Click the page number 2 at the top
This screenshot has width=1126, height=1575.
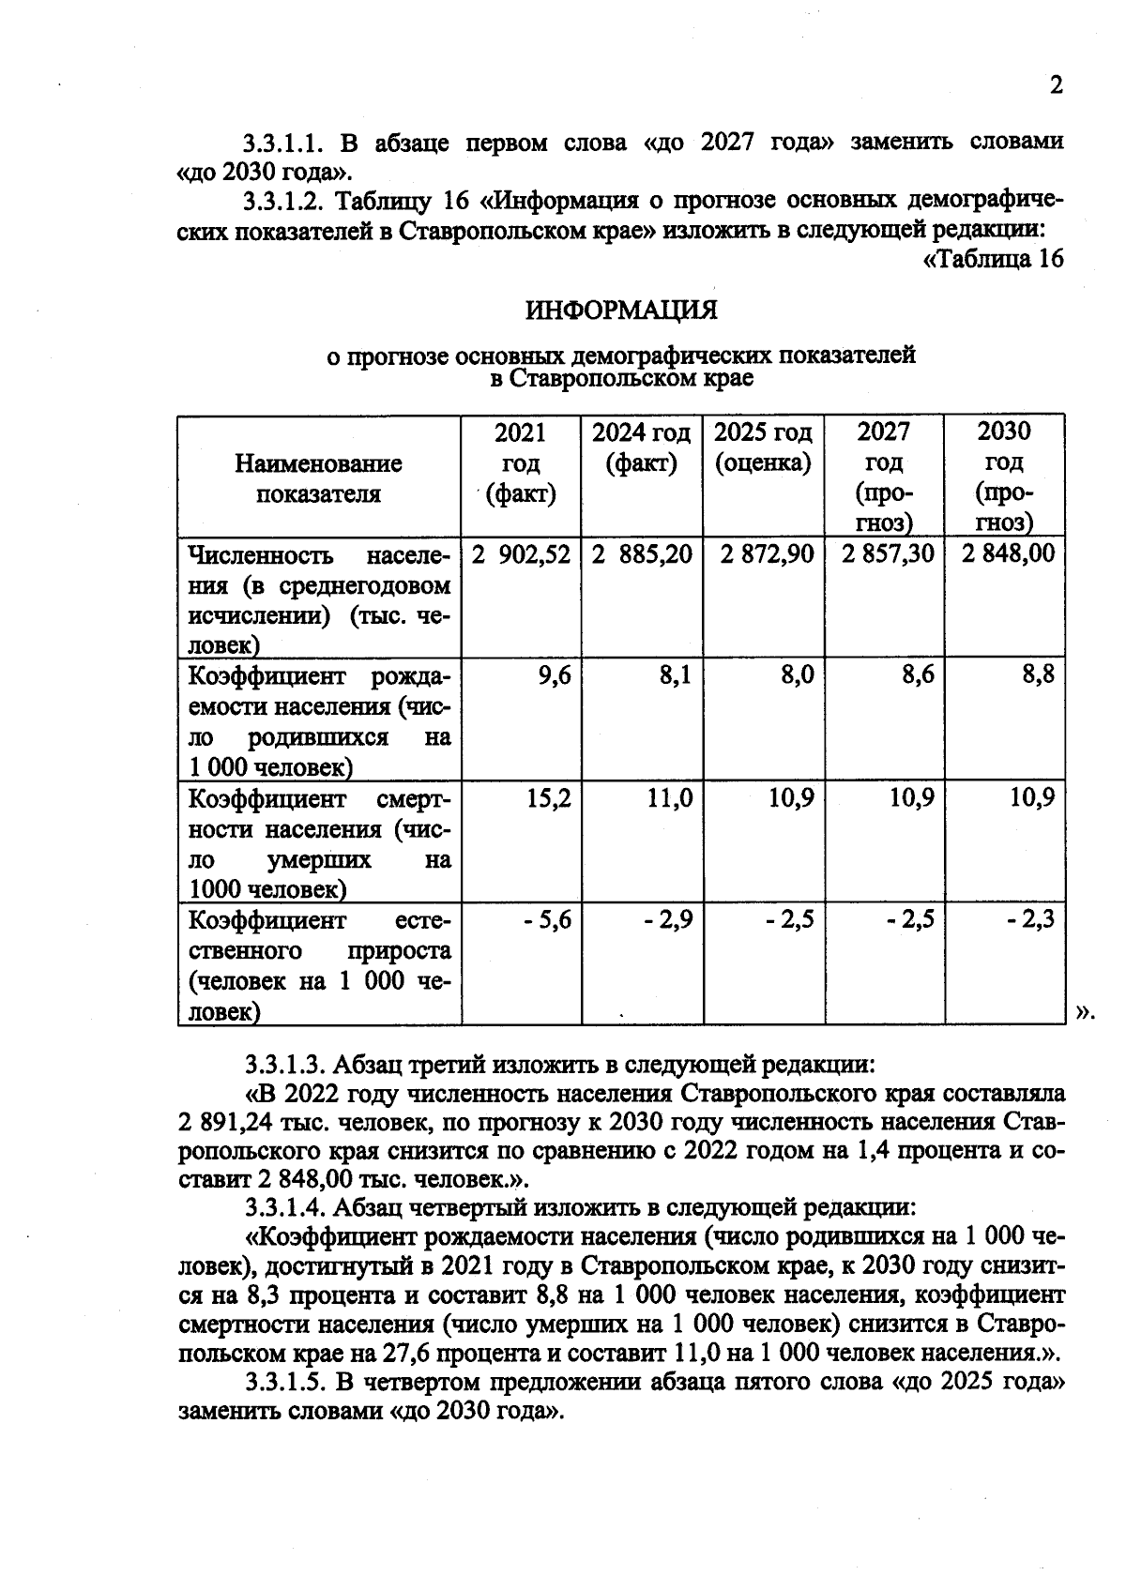1056,86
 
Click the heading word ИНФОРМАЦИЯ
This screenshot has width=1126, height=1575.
620,310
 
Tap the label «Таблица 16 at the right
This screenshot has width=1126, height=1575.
994,259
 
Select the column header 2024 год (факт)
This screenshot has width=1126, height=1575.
642,447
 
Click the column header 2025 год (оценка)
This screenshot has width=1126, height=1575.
763,447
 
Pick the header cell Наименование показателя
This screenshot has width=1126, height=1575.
318,478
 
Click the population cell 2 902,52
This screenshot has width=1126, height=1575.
521,554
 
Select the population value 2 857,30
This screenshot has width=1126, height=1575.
887,554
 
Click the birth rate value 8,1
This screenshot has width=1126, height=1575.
675,675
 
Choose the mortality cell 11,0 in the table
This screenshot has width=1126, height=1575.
669,798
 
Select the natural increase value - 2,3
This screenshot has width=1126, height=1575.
1030,920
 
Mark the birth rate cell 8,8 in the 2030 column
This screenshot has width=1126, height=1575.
1038,675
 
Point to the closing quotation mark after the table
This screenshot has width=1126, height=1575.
1085,1011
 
